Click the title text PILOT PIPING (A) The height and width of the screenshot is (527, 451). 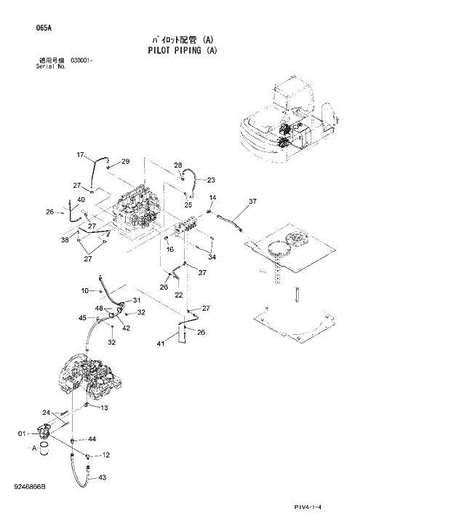click(x=181, y=51)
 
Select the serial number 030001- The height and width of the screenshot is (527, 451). click(x=81, y=61)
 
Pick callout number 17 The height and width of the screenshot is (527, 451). click(x=81, y=155)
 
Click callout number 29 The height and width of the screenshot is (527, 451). click(x=125, y=162)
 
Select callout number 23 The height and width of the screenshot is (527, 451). click(x=211, y=179)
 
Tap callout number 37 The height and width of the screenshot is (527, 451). click(x=252, y=202)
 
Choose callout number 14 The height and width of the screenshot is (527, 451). click(x=213, y=197)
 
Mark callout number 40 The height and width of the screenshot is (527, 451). click(x=81, y=200)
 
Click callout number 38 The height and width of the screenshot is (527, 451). click(x=64, y=239)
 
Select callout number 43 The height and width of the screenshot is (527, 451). click(x=103, y=478)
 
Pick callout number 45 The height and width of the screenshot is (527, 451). click(x=82, y=318)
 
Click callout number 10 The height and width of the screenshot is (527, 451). click(x=84, y=291)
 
